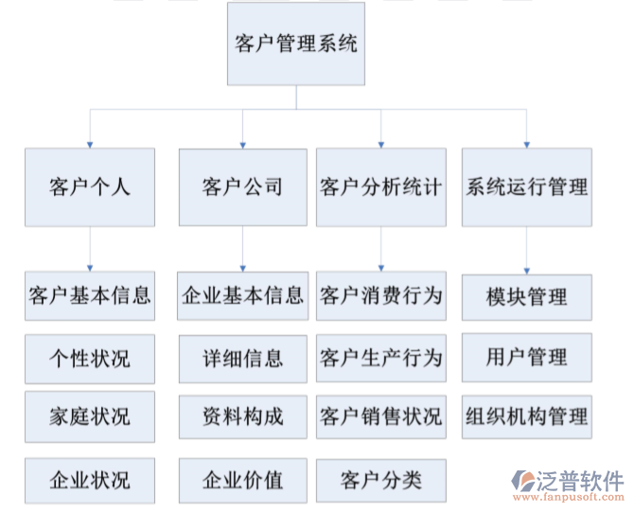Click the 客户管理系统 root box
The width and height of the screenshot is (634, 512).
click(295, 44)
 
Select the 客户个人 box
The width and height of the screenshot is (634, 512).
click(90, 186)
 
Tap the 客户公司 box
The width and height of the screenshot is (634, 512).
click(243, 186)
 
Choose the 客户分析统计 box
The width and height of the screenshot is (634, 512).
click(380, 186)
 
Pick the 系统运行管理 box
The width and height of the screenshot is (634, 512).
click(527, 186)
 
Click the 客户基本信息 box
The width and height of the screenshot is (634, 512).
click(90, 296)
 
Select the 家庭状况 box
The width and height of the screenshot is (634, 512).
click(90, 416)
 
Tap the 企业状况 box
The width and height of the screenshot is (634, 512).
click(90, 480)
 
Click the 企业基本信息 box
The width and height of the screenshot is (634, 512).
click(243, 296)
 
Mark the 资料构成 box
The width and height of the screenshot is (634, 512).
click(243, 416)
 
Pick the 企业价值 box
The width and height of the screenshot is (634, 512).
click(243, 480)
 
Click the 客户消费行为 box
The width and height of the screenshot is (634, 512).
click(380, 296)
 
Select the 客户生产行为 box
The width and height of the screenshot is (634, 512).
click(380, 358)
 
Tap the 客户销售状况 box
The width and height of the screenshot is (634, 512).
click(380, 416)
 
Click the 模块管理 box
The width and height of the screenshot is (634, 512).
click(527, 298)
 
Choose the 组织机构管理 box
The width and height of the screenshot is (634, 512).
click(527, 416)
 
